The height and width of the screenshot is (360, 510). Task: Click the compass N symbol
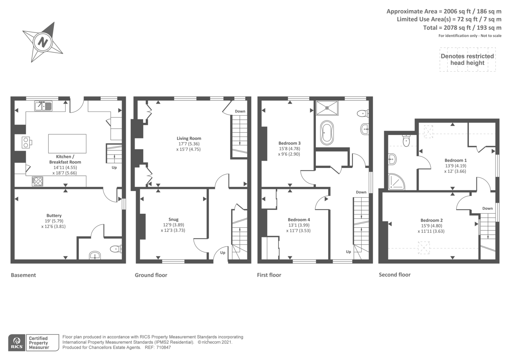(x=43, y=42)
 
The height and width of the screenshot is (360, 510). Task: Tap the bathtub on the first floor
(x=327, y=133)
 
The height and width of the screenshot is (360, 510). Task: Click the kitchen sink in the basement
(x=44, y=106)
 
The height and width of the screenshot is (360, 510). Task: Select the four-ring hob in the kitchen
(x=37, y=181)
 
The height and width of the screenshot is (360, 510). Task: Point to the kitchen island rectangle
(x=67, y=143)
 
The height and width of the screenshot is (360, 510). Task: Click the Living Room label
(x=189, y=138)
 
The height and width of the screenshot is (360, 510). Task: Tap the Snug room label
(x=173, y=219)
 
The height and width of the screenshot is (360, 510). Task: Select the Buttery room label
(x=54, y=216)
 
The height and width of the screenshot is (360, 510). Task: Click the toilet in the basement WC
(x=115, y=249)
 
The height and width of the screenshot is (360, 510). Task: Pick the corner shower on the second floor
(x=396, y=182)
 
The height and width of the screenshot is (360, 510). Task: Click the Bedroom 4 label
(x=299, y=220)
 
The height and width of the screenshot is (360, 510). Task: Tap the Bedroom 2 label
(x=431, y=220)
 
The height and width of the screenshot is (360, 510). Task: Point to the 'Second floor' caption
(x=394, y=275)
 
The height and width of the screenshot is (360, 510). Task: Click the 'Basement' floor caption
(x=23, y=275)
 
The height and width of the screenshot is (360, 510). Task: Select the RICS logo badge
(x=17, y=343)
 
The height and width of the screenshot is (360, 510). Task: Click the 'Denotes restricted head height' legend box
(x=467, y=60)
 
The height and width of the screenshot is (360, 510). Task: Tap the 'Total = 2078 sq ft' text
(x=462, y=28)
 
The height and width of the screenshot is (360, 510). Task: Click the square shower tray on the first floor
(x=327, y=108)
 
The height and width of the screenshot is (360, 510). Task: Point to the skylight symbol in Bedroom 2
(x=424, y=248)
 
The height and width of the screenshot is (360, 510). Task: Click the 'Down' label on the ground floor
(x=240, y=111)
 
